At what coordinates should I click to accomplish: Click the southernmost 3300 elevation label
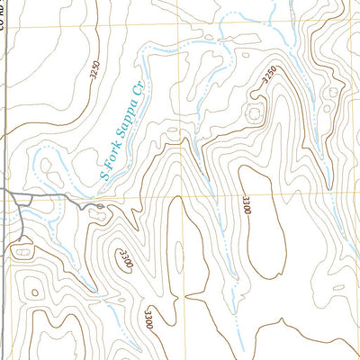(x=147, y=319)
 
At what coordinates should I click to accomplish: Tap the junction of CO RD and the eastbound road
(x=4, y=192)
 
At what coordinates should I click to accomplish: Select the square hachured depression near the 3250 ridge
(x=255, y=113)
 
